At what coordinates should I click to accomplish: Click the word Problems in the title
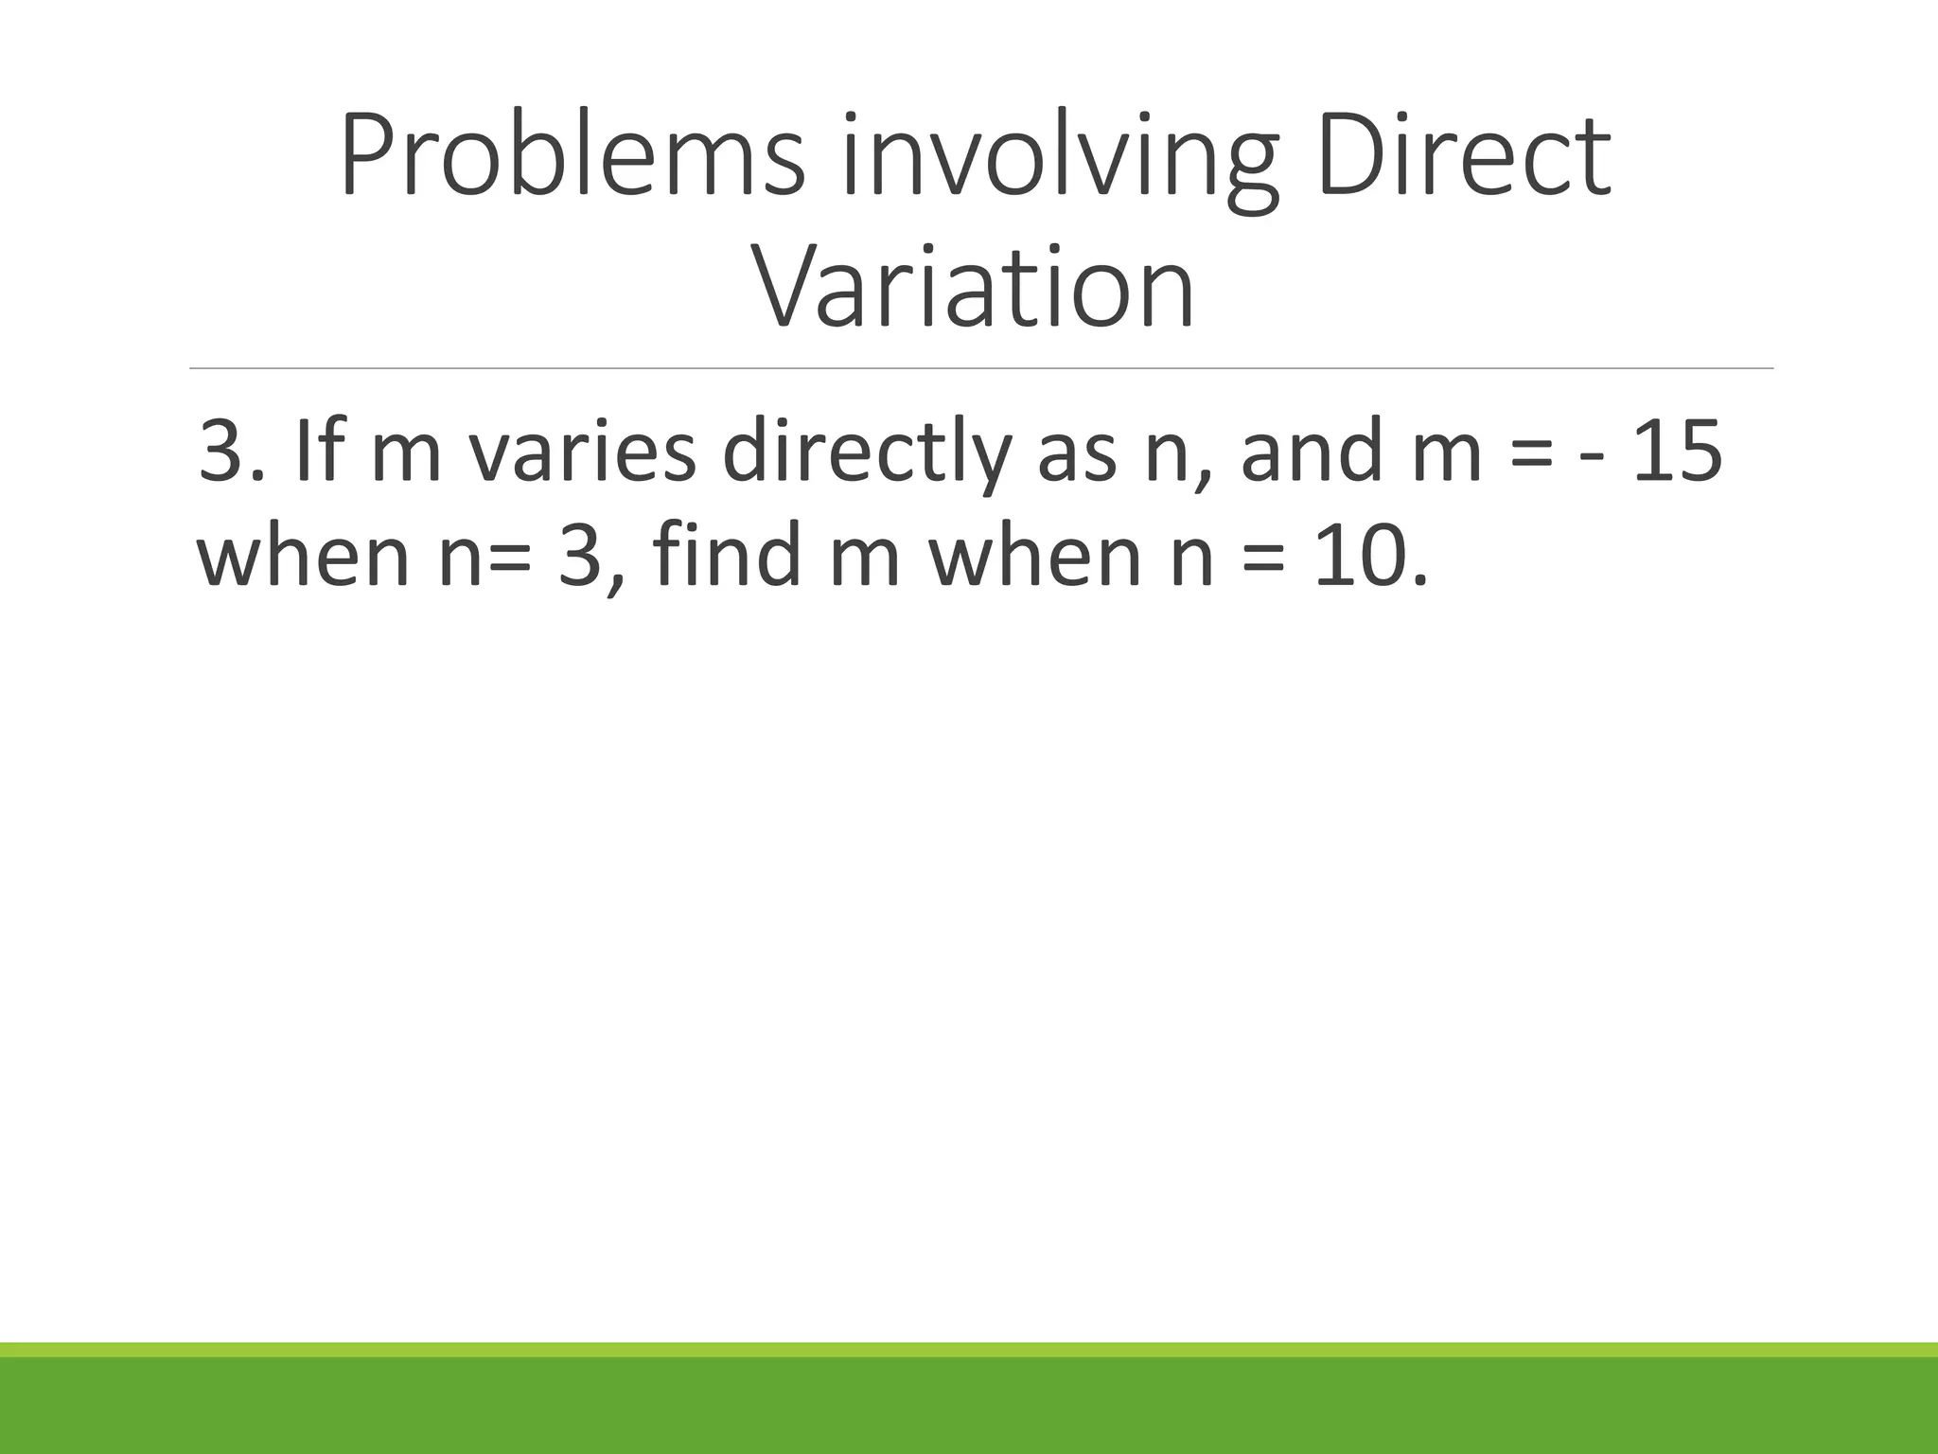pyautogui.click(x=573, y=155)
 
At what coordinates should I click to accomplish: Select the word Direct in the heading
pyautogui.click(x=1462, y=155)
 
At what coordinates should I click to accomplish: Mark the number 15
pyautogui.click(x=1677, y=452)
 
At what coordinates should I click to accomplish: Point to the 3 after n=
pyautogui.click(x=581, y=558)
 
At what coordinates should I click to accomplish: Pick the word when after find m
pyautogui.click(x=1035, y=556)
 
